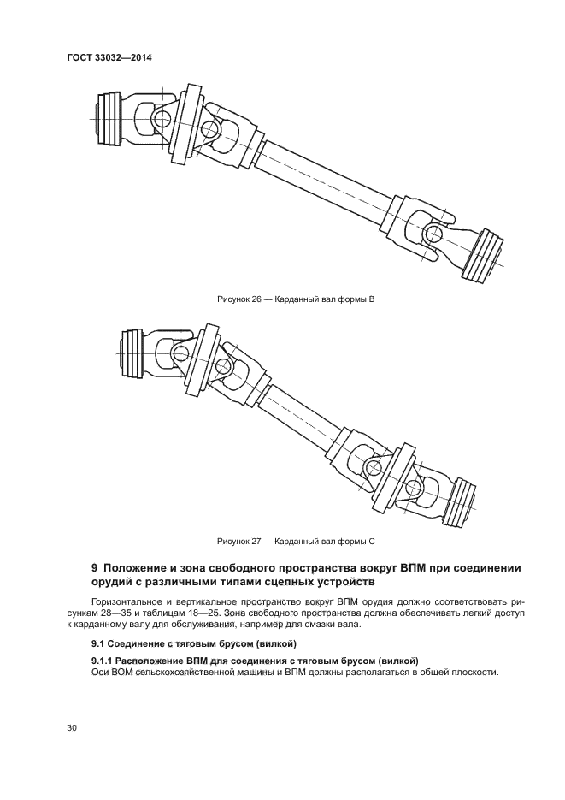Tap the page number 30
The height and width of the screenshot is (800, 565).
point(72,727)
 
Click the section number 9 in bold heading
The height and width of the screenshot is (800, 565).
point(95,568)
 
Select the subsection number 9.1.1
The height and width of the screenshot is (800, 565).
point(106,661)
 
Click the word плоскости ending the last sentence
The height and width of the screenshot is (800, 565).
point(470,673)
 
